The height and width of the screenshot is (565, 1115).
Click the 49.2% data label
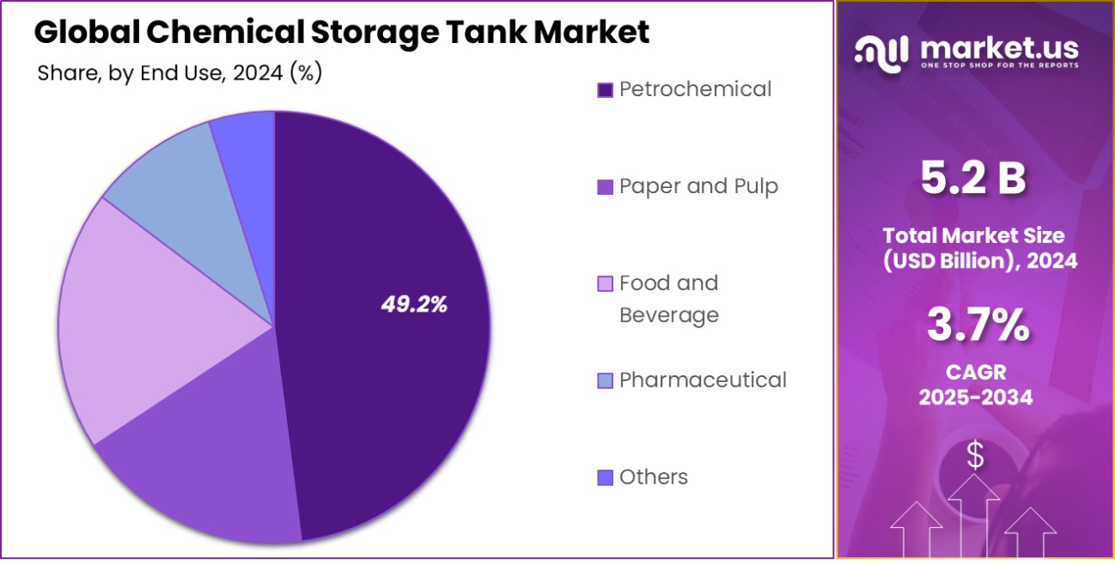[414, 305]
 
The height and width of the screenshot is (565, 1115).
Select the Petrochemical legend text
[695, 89]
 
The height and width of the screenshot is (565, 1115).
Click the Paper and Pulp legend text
[698, 186]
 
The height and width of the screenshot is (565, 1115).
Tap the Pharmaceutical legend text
[703, 380]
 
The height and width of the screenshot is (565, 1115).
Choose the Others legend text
[654, 477]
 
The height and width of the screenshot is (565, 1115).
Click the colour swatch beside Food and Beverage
[605, 283]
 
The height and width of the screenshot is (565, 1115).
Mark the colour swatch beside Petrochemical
[605, 89]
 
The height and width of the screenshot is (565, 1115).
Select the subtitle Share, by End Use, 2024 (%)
[180, 74]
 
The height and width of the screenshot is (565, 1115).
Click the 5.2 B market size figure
[973, 179]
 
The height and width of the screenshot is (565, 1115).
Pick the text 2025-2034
[975, 398]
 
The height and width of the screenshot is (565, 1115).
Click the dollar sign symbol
[975, 455]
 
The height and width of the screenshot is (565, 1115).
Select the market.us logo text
[999, 48]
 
